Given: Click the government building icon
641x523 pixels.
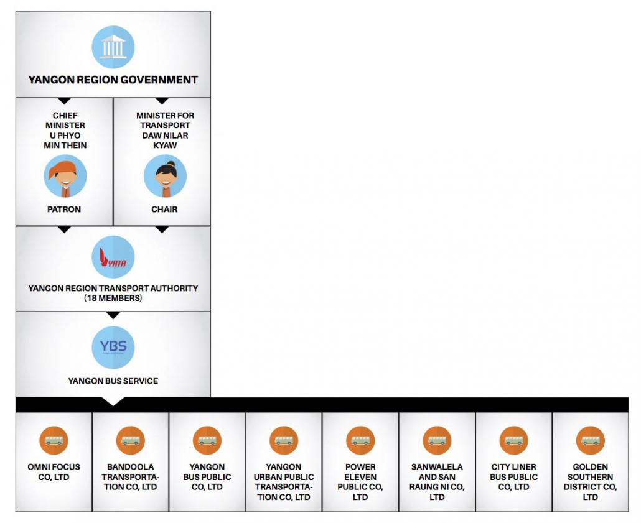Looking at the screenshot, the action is tap(113, 47).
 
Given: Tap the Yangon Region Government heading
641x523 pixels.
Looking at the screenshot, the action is tap(113, 80).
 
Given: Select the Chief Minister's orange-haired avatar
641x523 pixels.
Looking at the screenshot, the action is tap(65, 176).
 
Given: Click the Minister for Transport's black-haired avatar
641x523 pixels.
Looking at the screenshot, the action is tap(165, 176).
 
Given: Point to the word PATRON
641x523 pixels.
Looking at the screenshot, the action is tap(64, 209).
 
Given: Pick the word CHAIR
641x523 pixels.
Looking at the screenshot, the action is tap(164, 209).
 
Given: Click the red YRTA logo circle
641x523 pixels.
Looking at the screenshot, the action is tap(113, 257).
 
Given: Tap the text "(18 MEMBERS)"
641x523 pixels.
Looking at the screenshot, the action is tap(113, 299).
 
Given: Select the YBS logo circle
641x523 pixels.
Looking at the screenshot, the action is tap(113, 348).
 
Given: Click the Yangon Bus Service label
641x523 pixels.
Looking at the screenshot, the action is tap(113, 381).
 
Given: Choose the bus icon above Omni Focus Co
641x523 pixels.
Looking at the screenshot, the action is tap(54, 440).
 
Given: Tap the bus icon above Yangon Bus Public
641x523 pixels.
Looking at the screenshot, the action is tap(207, 440).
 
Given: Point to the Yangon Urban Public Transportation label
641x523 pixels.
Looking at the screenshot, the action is tap(284, 482).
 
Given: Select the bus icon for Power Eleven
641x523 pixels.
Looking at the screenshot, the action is tap(360, 440).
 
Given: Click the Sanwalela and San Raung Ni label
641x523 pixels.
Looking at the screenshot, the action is tap(437, 482).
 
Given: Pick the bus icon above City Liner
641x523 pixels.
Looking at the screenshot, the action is tap(514, 440).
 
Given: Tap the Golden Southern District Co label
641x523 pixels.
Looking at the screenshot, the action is tap(591, 482).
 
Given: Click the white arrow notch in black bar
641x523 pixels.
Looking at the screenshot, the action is tap(113, 401).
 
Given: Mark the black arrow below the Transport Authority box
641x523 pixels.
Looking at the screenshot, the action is tap(113, 315).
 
